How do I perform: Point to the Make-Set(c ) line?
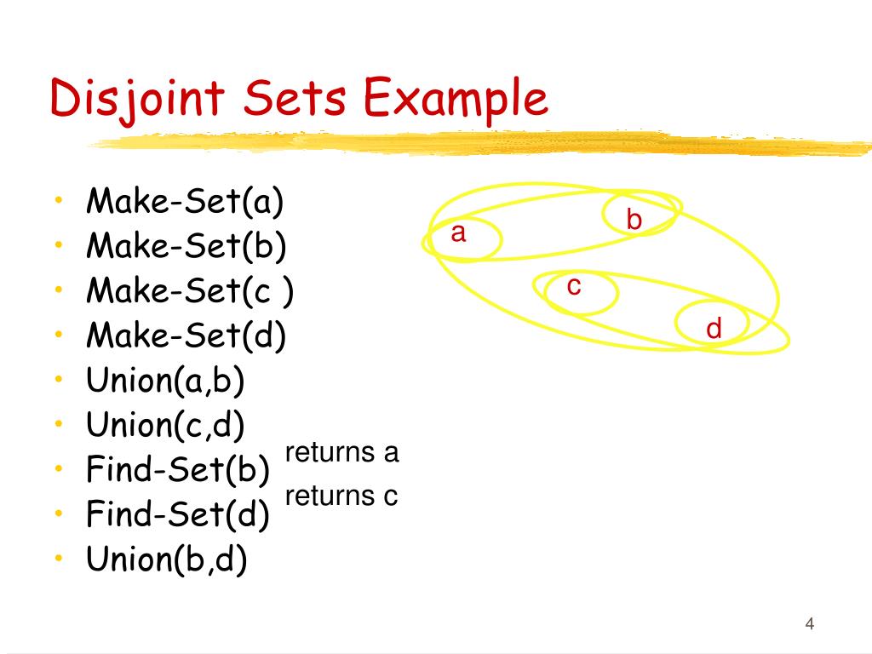(190, 292)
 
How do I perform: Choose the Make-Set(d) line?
(186, 336)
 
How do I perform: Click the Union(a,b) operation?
(165, 381)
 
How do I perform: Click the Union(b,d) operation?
(167, 559)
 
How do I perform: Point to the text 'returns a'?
(341, 453)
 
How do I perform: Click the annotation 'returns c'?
(341, 496)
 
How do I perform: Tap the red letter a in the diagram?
(458, 233)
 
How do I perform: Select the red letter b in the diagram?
(634, 221)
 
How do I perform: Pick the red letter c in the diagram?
(574, 287)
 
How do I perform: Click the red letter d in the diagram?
(714, 329)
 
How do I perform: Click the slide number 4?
(810, 625)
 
